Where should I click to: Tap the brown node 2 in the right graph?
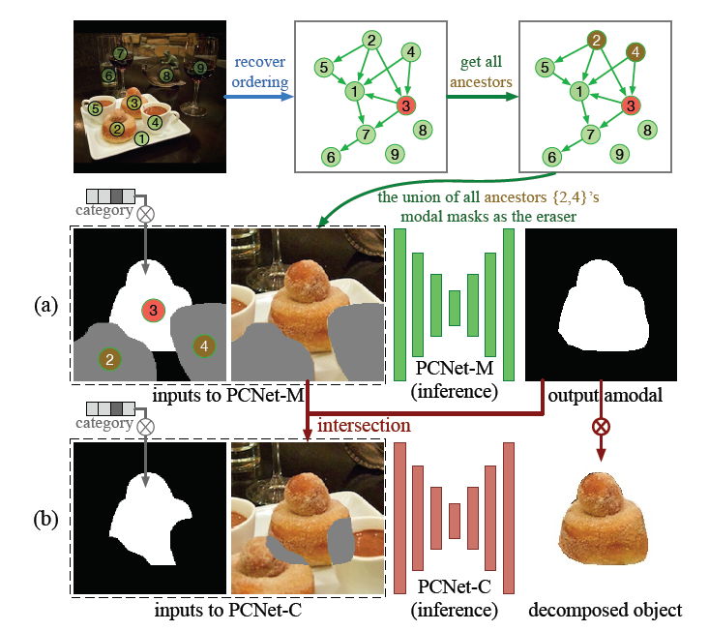[597, 41]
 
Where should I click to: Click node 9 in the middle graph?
[395, 152]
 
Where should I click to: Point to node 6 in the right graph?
[551, 156]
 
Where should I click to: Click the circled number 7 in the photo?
[120, 52]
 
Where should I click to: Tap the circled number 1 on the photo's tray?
[142, 137]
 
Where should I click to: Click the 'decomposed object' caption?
[605, 610]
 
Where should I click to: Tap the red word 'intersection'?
[364, 424]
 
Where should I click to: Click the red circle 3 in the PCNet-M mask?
[152, 311]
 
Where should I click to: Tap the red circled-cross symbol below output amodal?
[602, 424]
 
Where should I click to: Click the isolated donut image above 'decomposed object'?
[604, 524]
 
